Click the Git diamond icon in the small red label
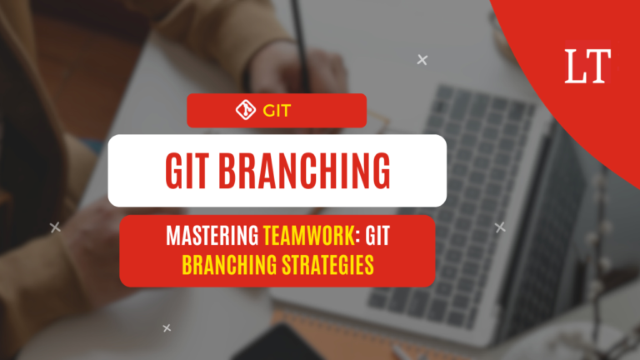pos(246,110)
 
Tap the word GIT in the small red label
pos(276,110)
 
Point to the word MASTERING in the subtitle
pos(212,237)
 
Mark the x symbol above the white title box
pos(422,59)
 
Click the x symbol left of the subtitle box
pos(55,227)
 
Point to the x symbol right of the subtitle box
pos(500,227)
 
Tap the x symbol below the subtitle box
pos(167,328)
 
